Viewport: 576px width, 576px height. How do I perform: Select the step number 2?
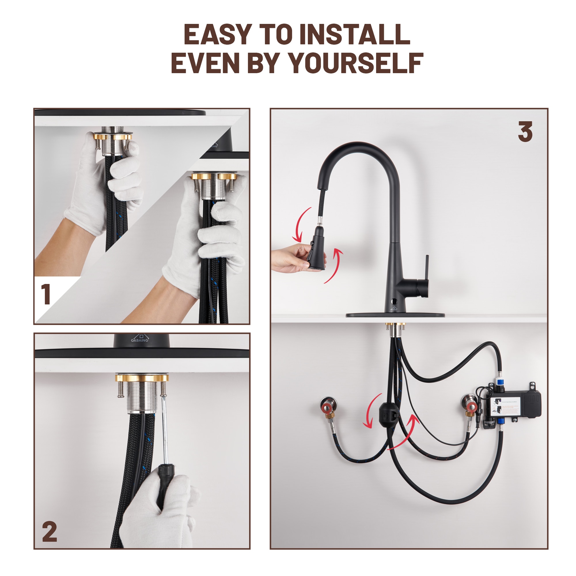50,532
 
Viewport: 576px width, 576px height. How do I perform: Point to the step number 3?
525,132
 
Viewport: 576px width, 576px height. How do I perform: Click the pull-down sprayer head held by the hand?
317,248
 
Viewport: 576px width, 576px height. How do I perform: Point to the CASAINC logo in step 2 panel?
140,339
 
